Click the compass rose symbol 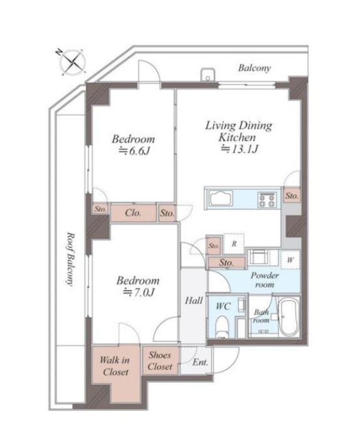click(72, 62)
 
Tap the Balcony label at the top click(254, 68)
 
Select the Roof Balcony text click(71, 259)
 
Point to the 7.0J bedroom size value click(139, 293)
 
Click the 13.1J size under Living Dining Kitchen click(240, 150)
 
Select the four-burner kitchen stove click(267, 200)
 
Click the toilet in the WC click(222, 326)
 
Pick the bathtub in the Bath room click(289, 317)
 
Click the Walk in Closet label click(115, 366)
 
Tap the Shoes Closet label click(160, 360)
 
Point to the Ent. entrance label click(200, 362)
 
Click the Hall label click(194, 300)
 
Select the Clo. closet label click(133, 212)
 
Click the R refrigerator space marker click(234, 244)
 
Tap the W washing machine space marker click(290, 260)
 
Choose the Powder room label click(265, 280)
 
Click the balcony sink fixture click(208, 75)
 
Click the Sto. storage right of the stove click(292, 196)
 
